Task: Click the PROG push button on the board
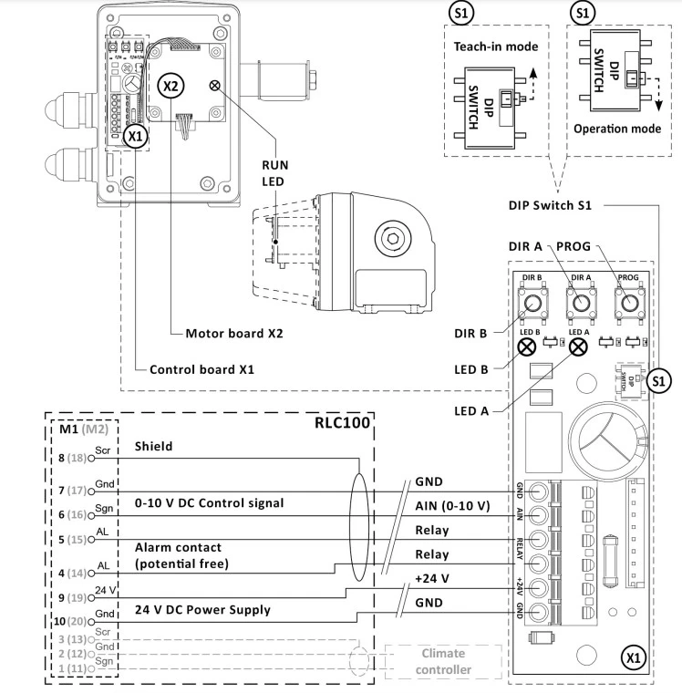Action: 627,303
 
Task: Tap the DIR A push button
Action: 577,303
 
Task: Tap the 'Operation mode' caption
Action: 617,129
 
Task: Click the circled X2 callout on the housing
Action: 170,85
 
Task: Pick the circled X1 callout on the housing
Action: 135,135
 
